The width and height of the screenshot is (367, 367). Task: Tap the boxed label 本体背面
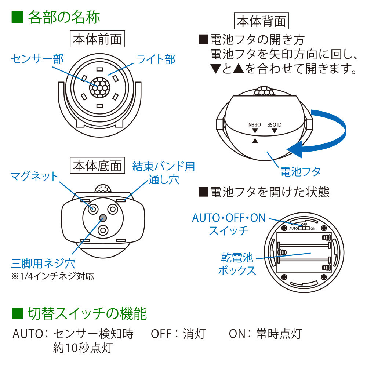click(x=261, y=21)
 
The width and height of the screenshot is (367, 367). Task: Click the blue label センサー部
click(x=37, y=59)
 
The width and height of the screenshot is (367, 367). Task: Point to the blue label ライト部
click(x=156, y=59)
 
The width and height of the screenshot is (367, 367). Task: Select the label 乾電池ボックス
click(x=237, y=264)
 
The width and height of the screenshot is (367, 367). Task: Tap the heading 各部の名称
click(x=64, y=17)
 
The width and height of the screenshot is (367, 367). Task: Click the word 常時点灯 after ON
click(x=279, y=334)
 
